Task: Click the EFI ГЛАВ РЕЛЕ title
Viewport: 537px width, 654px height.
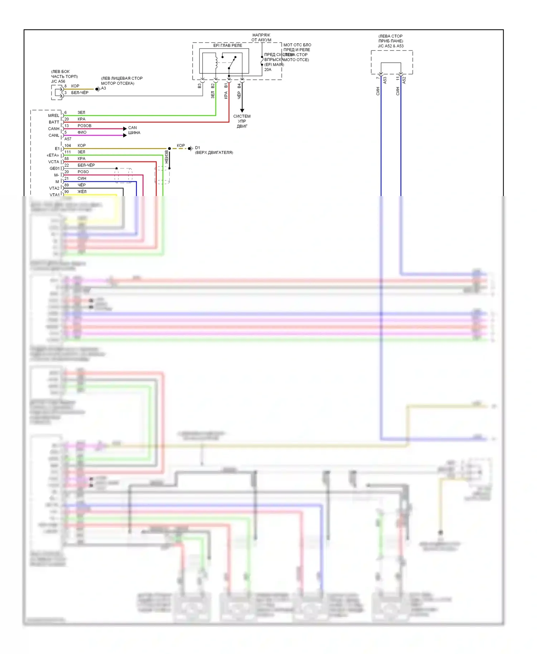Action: pos(228,45)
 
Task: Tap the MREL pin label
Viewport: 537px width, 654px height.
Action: pos(54,116)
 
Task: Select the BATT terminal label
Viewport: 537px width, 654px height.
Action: pos(54,122)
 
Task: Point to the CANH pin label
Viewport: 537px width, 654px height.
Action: pos(54,129)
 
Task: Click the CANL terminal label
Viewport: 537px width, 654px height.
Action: pos(54,135)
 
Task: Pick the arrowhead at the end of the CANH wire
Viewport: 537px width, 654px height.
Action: pos(125,128)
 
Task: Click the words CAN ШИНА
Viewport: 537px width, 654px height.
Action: pos(134,130)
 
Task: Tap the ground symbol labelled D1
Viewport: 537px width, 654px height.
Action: pos(190,148)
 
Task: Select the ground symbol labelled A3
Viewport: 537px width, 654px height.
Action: pos(97,89)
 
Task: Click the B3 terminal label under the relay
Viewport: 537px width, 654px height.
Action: pos(199,86)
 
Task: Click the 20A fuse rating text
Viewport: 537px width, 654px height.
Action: pos(268,70)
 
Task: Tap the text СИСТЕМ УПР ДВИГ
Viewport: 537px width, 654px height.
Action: pos(242,121)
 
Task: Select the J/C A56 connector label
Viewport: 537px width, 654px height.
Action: pos(58,81)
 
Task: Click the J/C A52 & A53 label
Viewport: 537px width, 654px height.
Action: pos(391,46)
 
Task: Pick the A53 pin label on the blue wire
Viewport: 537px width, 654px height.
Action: pos(385,80)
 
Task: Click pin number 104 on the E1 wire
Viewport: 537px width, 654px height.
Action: pos(68,146)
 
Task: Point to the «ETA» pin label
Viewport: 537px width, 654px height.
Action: pos(53,155)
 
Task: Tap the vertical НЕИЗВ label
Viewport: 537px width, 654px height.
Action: pos(166,157)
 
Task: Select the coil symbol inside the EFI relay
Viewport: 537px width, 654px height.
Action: pos(216,62)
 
